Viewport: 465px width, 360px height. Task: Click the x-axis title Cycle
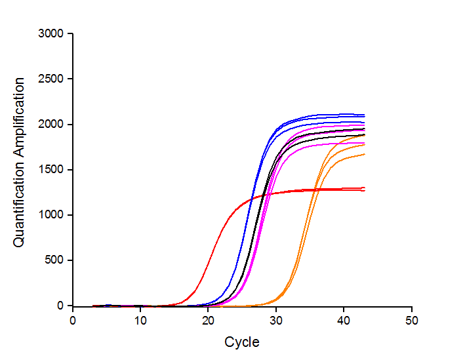(x=242, y=342)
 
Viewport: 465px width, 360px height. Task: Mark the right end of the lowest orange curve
(x=364, y=154)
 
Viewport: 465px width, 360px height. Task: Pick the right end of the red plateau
(x=364, y=190)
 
